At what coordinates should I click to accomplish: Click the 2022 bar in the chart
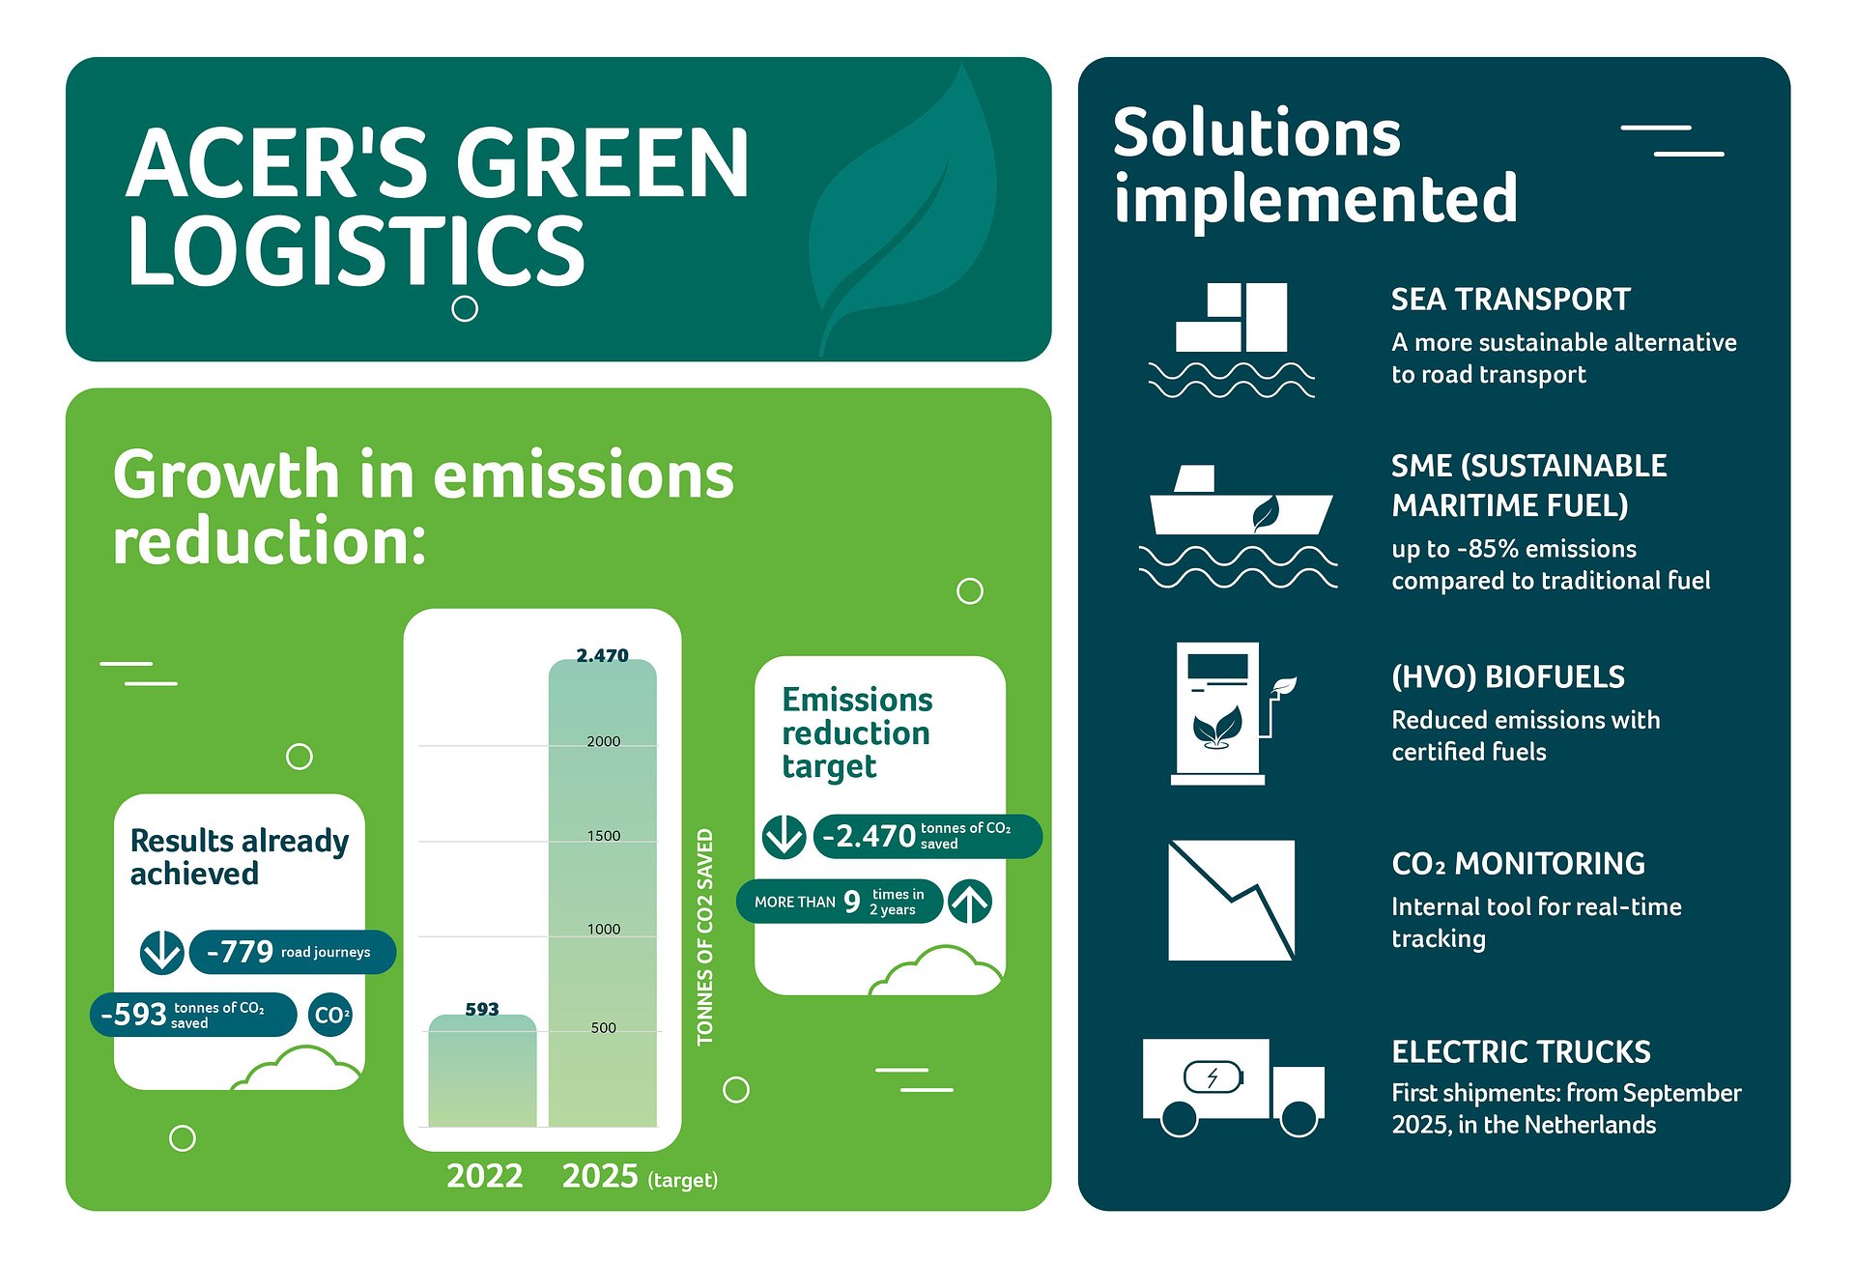pos(482,1071)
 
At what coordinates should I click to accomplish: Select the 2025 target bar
pos(603,893)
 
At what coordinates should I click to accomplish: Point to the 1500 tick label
pos(604,836)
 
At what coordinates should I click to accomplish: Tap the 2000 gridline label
pos(604,741)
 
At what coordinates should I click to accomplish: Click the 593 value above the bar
pos(482,1009)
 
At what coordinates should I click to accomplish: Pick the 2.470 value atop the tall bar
pos(602,655)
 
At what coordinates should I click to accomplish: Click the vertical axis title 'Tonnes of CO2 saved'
pos(705,936)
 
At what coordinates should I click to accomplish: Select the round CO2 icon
pos(330,1015)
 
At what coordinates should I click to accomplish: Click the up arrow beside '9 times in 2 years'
pos(970,902)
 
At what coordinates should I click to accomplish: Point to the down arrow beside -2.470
pos(784,836)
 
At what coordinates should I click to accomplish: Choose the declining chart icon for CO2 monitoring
pos(1231,900)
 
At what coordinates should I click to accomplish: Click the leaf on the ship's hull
pos(1265,513)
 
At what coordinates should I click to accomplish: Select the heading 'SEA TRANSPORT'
pos(1510,300)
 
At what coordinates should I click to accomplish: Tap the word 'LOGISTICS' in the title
pos(356,250)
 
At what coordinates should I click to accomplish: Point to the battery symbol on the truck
pos(1213,1076)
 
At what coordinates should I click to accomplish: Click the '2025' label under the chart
pos(600,1176)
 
